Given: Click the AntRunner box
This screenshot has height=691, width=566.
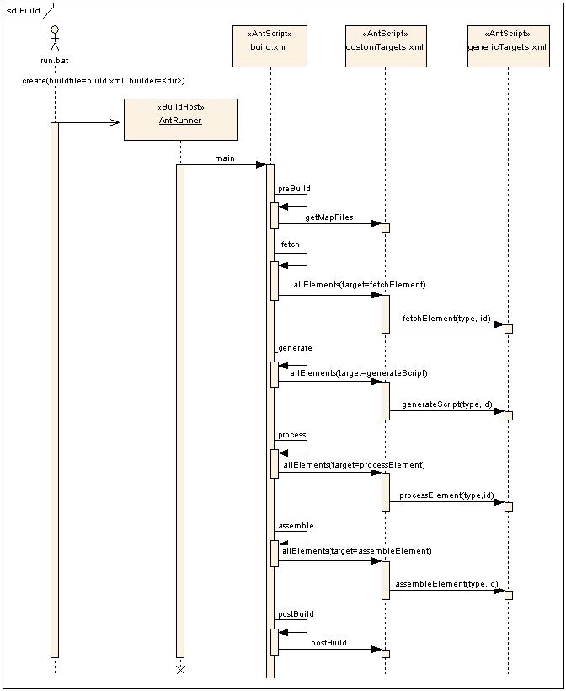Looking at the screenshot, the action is tap(180, 120).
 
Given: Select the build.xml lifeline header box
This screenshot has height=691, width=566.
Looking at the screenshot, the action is tap(270, 46).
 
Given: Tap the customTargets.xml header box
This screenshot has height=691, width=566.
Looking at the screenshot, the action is tap(386, 46).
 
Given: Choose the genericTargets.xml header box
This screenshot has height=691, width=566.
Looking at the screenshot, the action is tap(508, 46).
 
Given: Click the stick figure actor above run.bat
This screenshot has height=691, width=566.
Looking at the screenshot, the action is tap(55, 39).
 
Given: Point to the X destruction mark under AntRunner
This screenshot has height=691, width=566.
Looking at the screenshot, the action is tap(180, 670).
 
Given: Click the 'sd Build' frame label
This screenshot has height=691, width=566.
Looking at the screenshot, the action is tap(24, 11).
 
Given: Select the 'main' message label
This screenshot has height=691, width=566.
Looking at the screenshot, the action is tap(225, 158).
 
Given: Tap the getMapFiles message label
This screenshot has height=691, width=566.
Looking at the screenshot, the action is tap(329, 217).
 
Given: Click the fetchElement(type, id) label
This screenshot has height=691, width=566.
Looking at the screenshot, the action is tap(446, 319).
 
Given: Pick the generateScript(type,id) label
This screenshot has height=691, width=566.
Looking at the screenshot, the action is tap(446, 404).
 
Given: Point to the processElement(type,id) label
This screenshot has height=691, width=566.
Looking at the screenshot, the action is tap(446, 495).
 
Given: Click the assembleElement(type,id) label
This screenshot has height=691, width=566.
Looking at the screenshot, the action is tap(446, 584).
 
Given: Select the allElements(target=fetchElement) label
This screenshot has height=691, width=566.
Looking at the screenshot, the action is tap(360, 285).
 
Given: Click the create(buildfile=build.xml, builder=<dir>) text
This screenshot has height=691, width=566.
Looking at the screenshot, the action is tap(104, 81).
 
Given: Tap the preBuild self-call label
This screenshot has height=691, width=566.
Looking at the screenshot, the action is tap(294, 189).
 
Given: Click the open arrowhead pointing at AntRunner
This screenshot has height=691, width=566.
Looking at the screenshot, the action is tap(115, 122).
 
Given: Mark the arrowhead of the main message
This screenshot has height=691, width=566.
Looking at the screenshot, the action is tap(261, 165).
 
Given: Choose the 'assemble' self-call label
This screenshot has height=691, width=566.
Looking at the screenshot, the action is tap(296, 526).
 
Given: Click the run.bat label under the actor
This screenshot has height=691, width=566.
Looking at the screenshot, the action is tap(55, 61).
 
